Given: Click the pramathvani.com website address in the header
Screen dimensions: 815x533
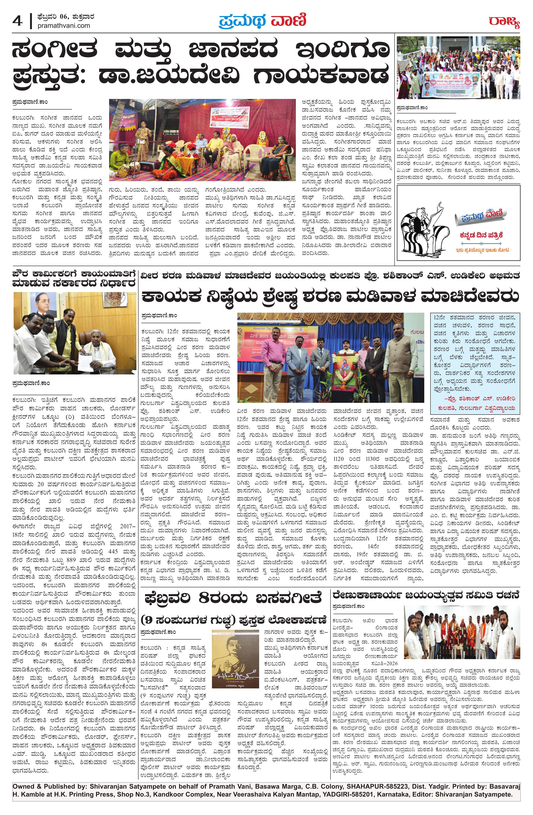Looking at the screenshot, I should pos(64,26).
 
